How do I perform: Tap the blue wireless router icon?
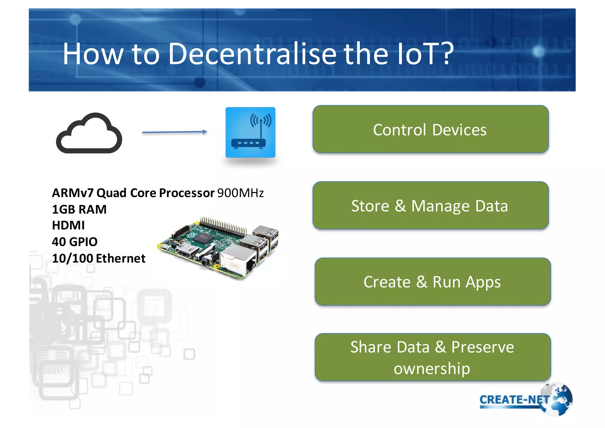pyautogui.click(x=250, y=132)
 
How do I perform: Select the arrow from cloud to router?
pyautogui.click(x=175, y=132)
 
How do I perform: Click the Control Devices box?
pyautogui.click(x=430, y=129)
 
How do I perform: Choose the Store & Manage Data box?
pyautogui.click(x=430, y=206)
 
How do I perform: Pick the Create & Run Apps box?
pyautogui.click(x=432, y=282)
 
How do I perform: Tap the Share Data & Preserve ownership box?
pyautogui.click(x=432, y=357)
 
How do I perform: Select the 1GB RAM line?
pyautogui.click(x=79, y=209)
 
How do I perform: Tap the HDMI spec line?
pyautogui.click(x=68, y=225)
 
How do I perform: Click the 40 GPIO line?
pyautogui.click(x=75, y=242)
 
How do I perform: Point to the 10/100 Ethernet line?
pyautogui.click(x=99, y=259)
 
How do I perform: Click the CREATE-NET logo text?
pyautogui.click(x=514, y=400)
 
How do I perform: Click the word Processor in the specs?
pyautogui.click(x=187, y=193)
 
